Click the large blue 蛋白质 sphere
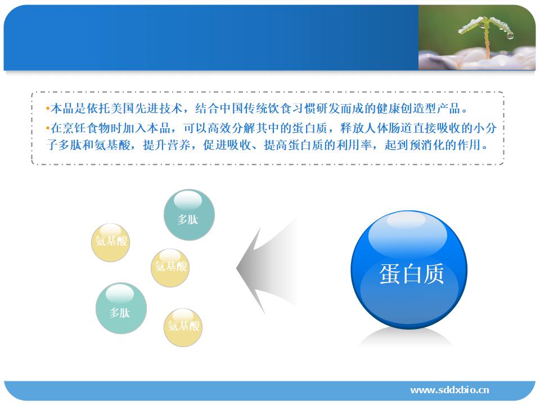(409, 269)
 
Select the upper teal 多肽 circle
(189, 214)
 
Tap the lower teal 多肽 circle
(121, 308)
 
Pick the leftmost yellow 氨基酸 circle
(111, 242)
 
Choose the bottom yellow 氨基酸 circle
(183, 327)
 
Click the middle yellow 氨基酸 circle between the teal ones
(170, 268)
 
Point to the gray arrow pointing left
(267, 267)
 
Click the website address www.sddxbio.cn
(449, 390)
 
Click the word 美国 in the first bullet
(117, 109)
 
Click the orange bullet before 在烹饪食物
(48, 128)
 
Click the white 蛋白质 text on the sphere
(412, 274)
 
